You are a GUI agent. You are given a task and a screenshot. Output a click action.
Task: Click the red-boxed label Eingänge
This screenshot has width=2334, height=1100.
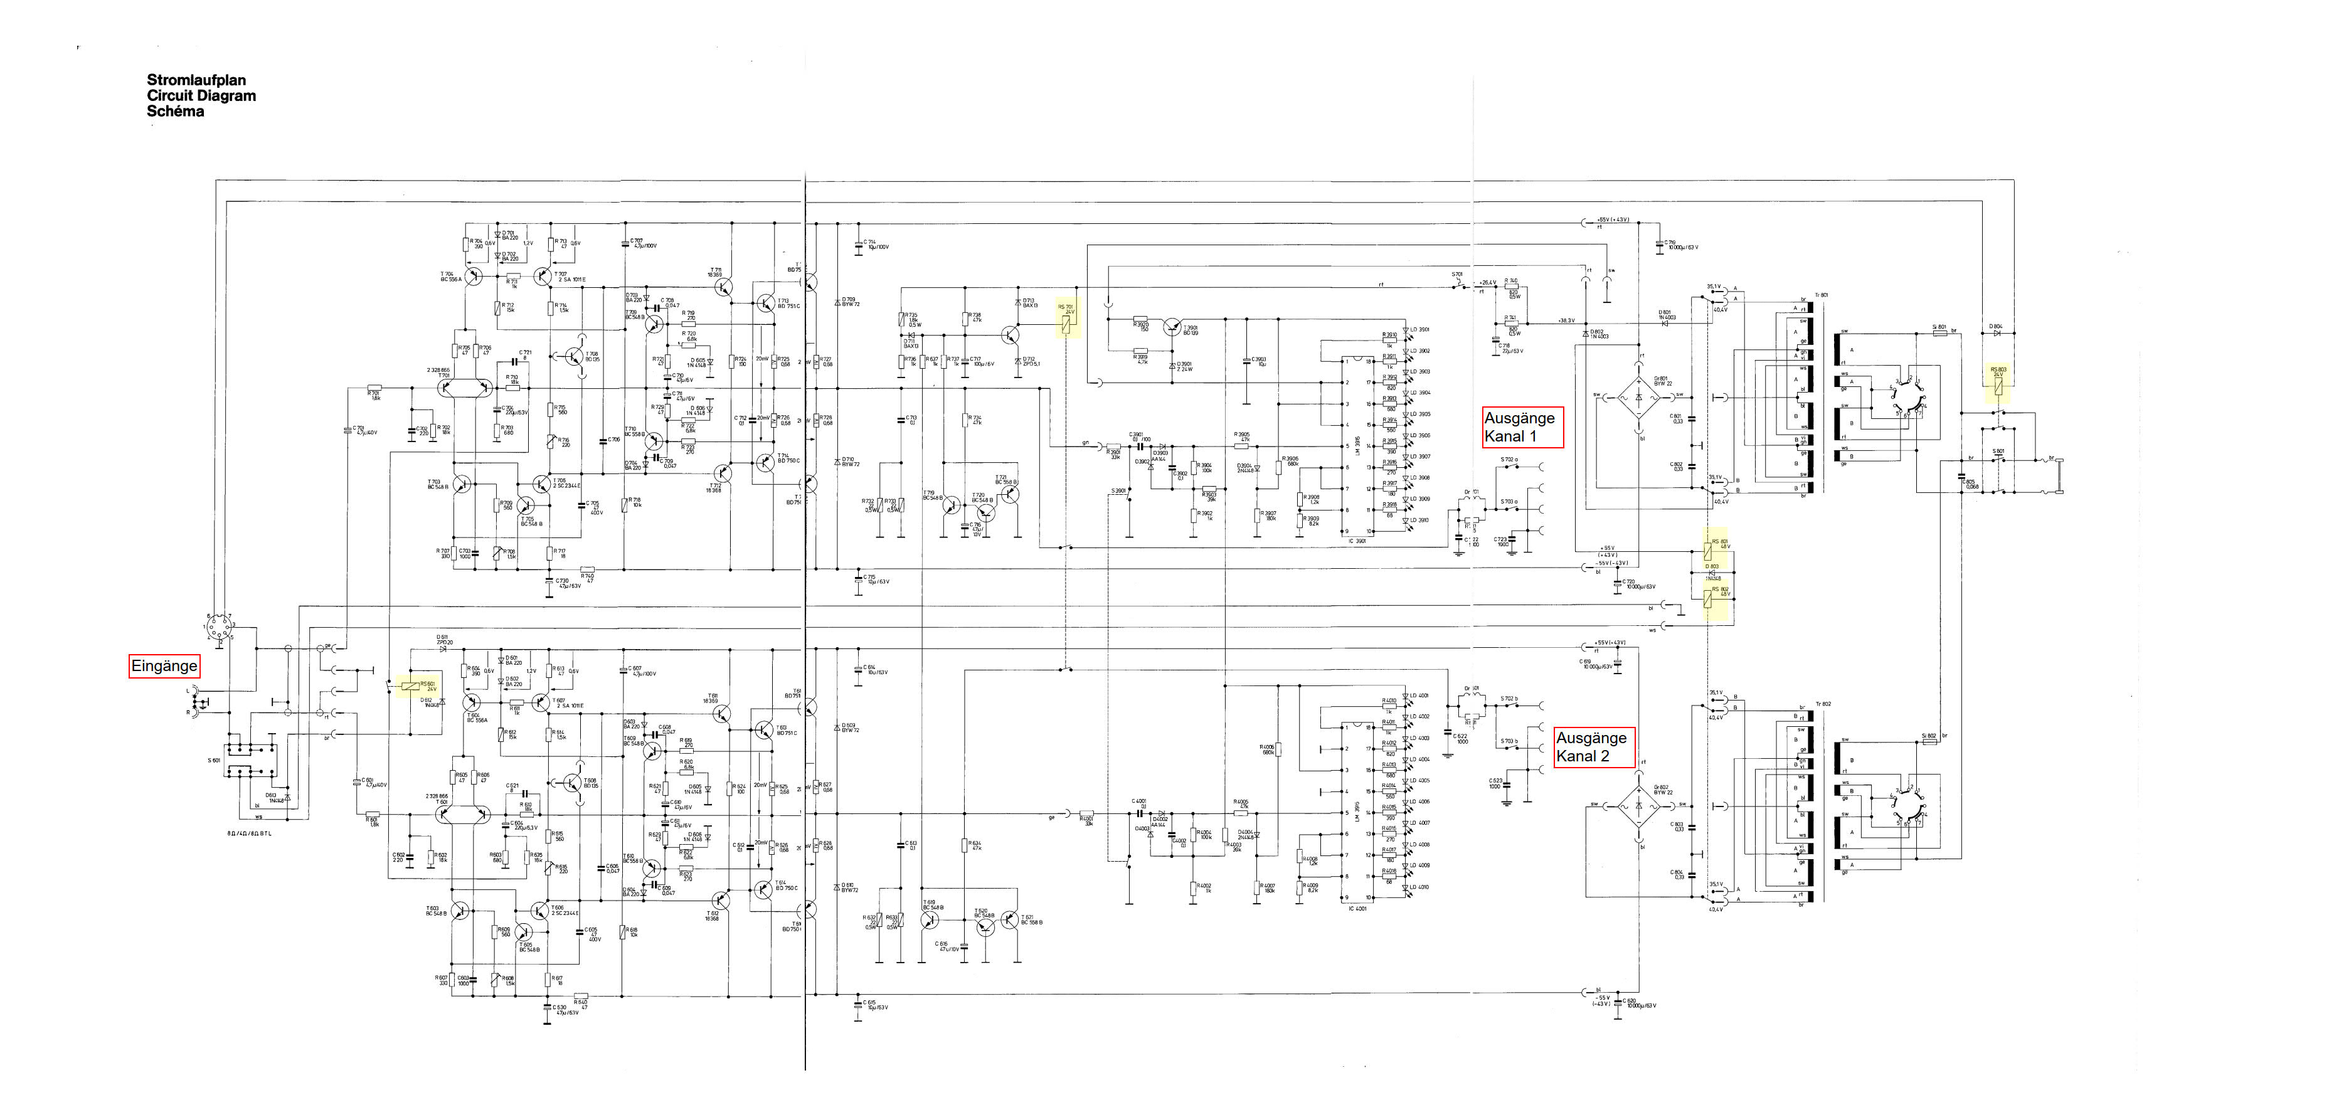164,666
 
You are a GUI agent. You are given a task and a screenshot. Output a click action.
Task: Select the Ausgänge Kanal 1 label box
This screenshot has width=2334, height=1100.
1522,427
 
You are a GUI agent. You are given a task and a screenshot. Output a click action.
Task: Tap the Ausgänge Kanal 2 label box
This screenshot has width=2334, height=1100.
1594,748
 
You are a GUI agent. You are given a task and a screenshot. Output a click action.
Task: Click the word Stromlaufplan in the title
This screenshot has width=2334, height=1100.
196,80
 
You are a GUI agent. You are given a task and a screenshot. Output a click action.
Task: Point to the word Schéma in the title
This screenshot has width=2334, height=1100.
175,112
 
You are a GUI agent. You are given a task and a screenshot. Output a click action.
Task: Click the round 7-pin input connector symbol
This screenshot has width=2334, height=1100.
218,627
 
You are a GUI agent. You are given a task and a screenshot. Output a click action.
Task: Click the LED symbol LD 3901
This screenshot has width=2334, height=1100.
1406,331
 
